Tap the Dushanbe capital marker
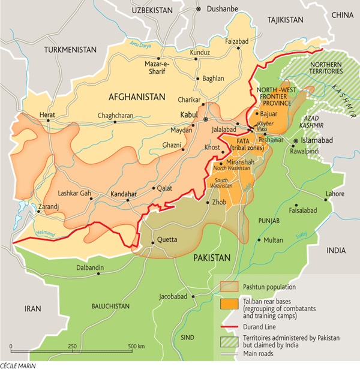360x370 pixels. click(198, 10)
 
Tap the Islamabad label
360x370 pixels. click(318, 140)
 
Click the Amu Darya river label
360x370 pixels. click(139, 45)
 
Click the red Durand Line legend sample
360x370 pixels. click(229, 327)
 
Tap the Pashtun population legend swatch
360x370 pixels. click(229, 287)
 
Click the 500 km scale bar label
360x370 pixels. click(136, 347)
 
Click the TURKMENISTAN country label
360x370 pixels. click(70, 49)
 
